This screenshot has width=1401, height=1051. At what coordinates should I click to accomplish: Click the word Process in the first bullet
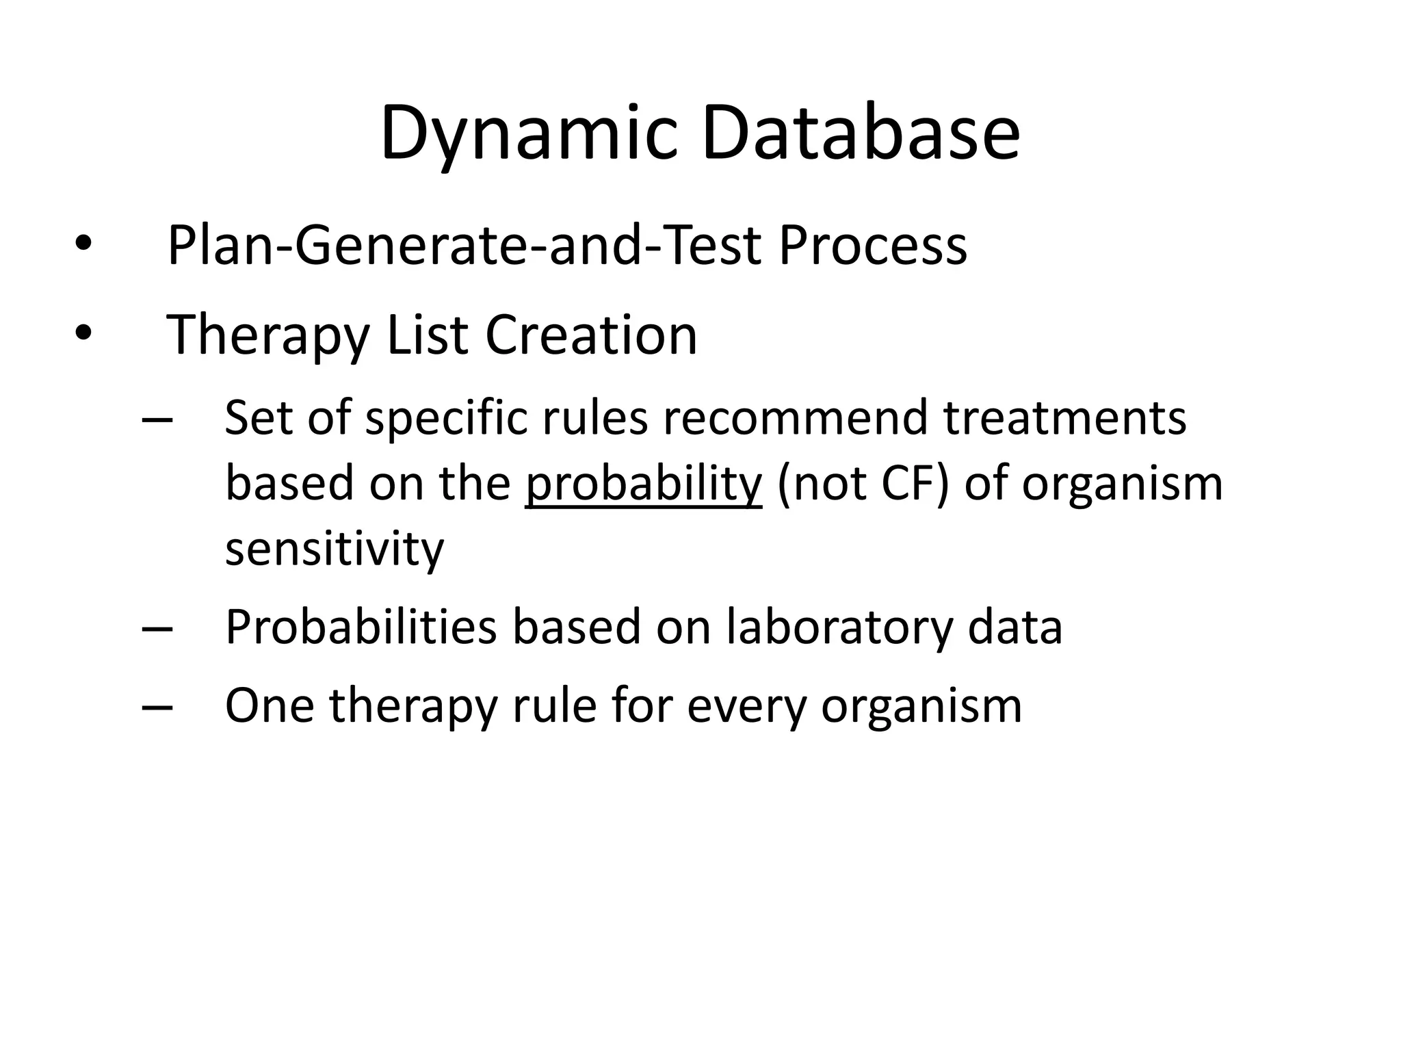click(873, 246)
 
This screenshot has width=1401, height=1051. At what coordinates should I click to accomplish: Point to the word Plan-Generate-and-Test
click(464, 246)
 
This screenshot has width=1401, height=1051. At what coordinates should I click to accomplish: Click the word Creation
click(591, 335)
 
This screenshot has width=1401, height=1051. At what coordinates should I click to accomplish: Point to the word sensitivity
click(335, 549)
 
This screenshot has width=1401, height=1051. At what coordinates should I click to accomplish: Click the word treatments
click(1065, 418)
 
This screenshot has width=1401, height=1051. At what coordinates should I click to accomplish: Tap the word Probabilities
click(361, 627)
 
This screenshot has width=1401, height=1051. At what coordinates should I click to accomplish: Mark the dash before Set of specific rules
click(157, 419)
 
